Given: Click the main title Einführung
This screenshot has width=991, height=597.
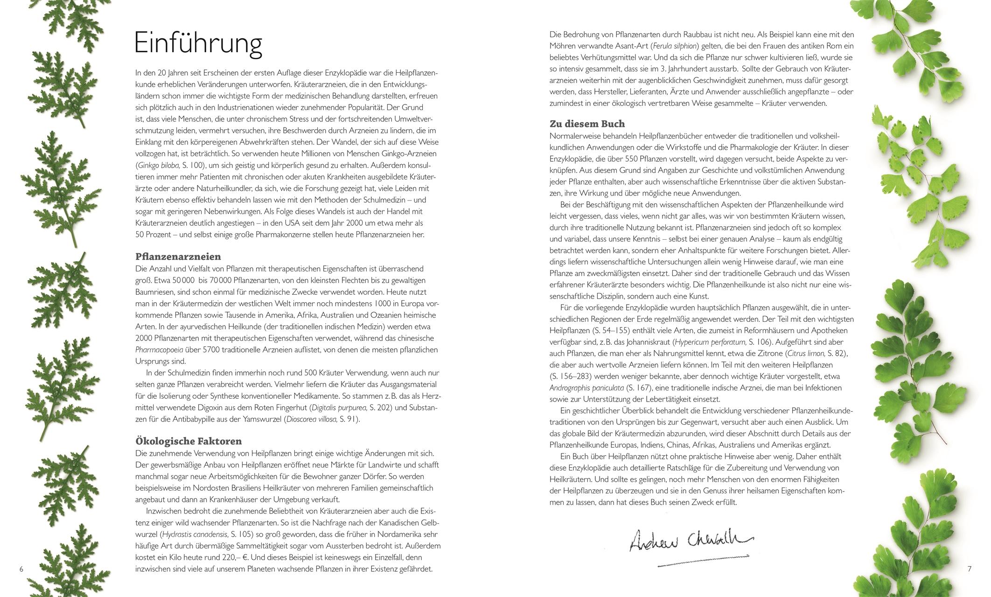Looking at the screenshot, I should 198,44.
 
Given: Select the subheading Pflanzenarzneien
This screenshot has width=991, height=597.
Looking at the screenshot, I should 178,257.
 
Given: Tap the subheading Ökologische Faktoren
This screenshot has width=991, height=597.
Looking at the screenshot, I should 188,441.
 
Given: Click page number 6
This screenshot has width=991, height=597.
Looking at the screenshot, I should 21,569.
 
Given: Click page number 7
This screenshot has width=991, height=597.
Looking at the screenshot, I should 969,569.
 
